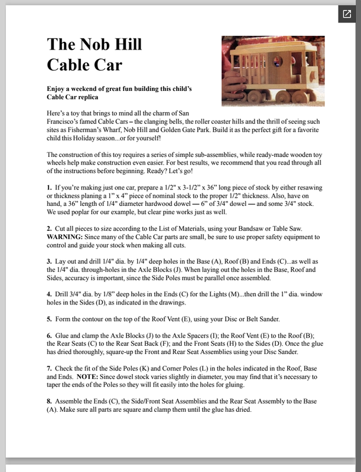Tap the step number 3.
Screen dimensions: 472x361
click(49, 261)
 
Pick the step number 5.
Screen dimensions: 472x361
click(49, 319)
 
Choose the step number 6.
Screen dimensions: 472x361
click(49, 335)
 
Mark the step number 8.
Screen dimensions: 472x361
click(49, 401)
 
